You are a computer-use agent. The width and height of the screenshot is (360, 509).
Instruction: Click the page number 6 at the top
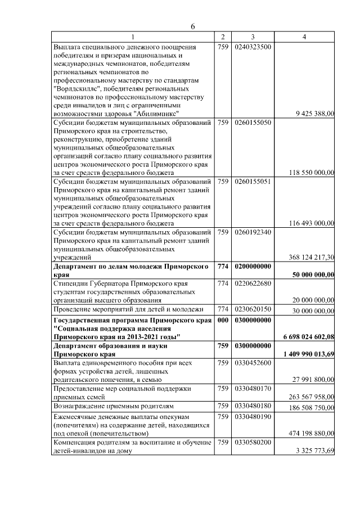click(x=192, y=26)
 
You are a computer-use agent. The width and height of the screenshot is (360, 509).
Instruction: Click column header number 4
click(x=304, y=37)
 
